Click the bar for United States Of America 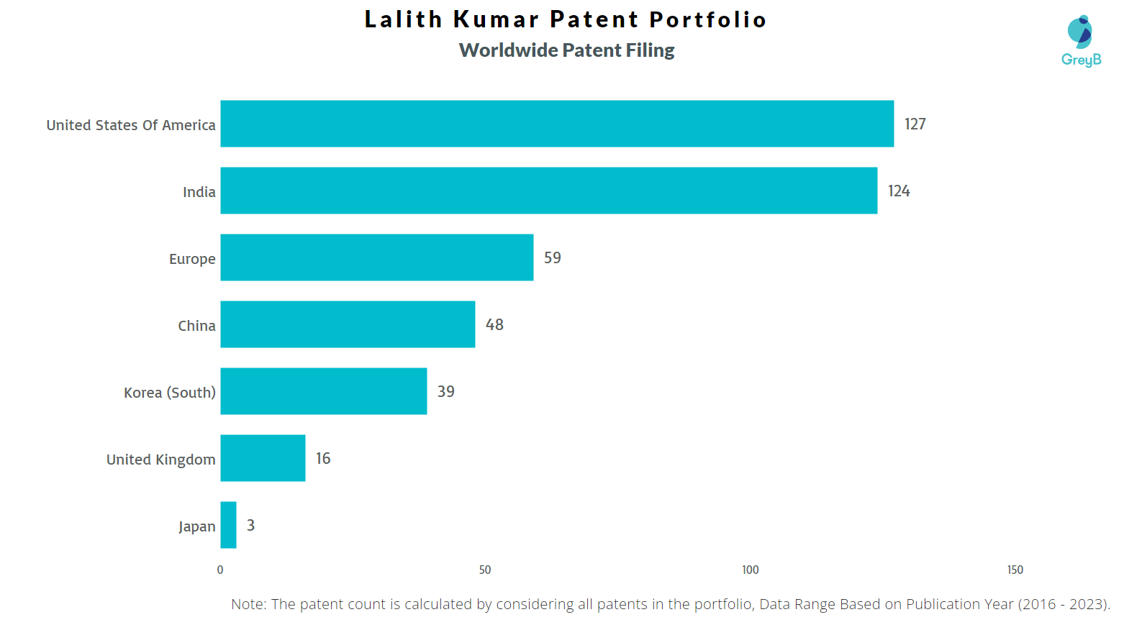pyautogui.click(x=557, y=124)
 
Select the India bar pyautogui.click(x=548, y=191)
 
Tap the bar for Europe pyautogui.click(x=376, y=257)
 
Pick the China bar pyautogui.click(x=348, y=324)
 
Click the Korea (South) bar pyautogui.click(x=323, y=391)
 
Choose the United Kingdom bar pyautogui.click(x=263, y=458)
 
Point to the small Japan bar pyautogui.click(x=228, y=525)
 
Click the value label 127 pyautogui.click(x=915, y=124)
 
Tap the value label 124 pyautogui.click(x=899, y=191)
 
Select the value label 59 pyautogui.click(x=552, y=258)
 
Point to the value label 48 pyautogui.click(x=494, y=325)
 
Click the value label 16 pyautogui.click(x=323, y=459)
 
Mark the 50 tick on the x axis pyautogui.click(x=485, y=570)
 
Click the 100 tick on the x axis pyautogui.click(x=750, y=570)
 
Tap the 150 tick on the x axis pyautogui.click(x=1015, y=570)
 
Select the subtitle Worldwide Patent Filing pyautogui.click(x=566, y=50)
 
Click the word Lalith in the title pyautogui.click(x=403, y=19)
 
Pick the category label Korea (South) pyautogui.click(x=169, y=393)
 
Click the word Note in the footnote pyautogui.click(x=247, y=604)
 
